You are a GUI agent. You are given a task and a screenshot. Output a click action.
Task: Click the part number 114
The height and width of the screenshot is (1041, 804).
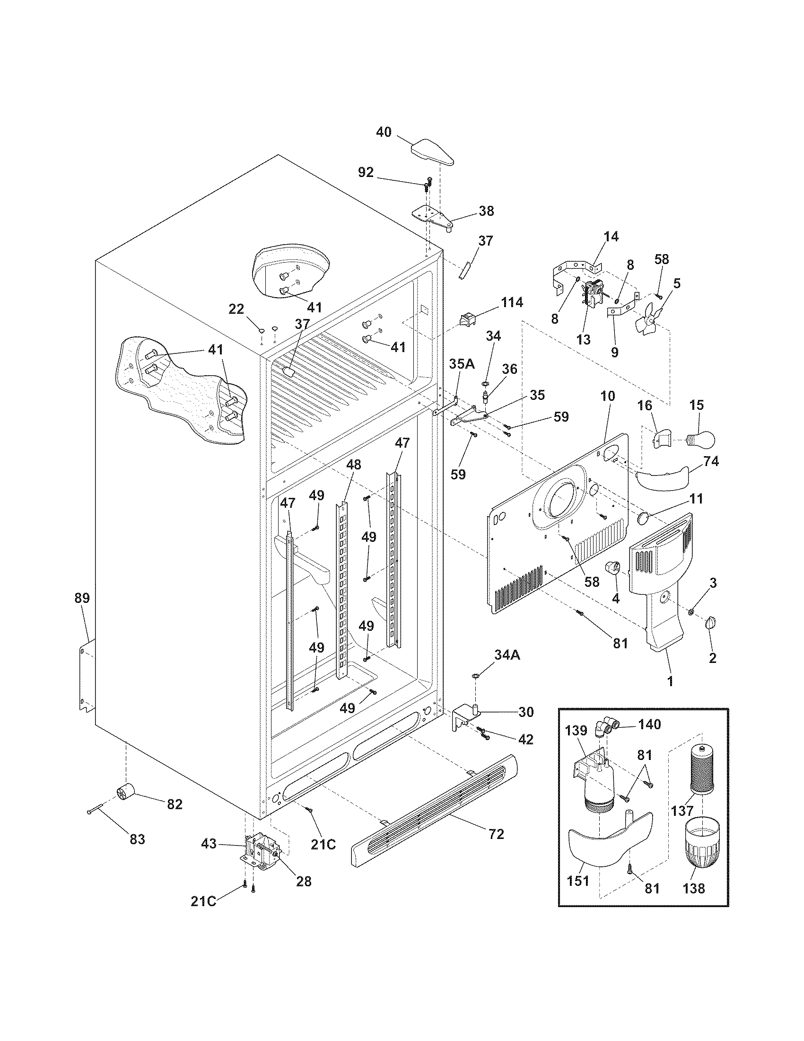pos(512,302)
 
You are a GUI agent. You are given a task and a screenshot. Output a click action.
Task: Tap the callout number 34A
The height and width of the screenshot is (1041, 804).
pos(507,656)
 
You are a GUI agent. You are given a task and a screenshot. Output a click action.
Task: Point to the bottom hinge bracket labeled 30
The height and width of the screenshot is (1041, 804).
pos(465,717)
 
